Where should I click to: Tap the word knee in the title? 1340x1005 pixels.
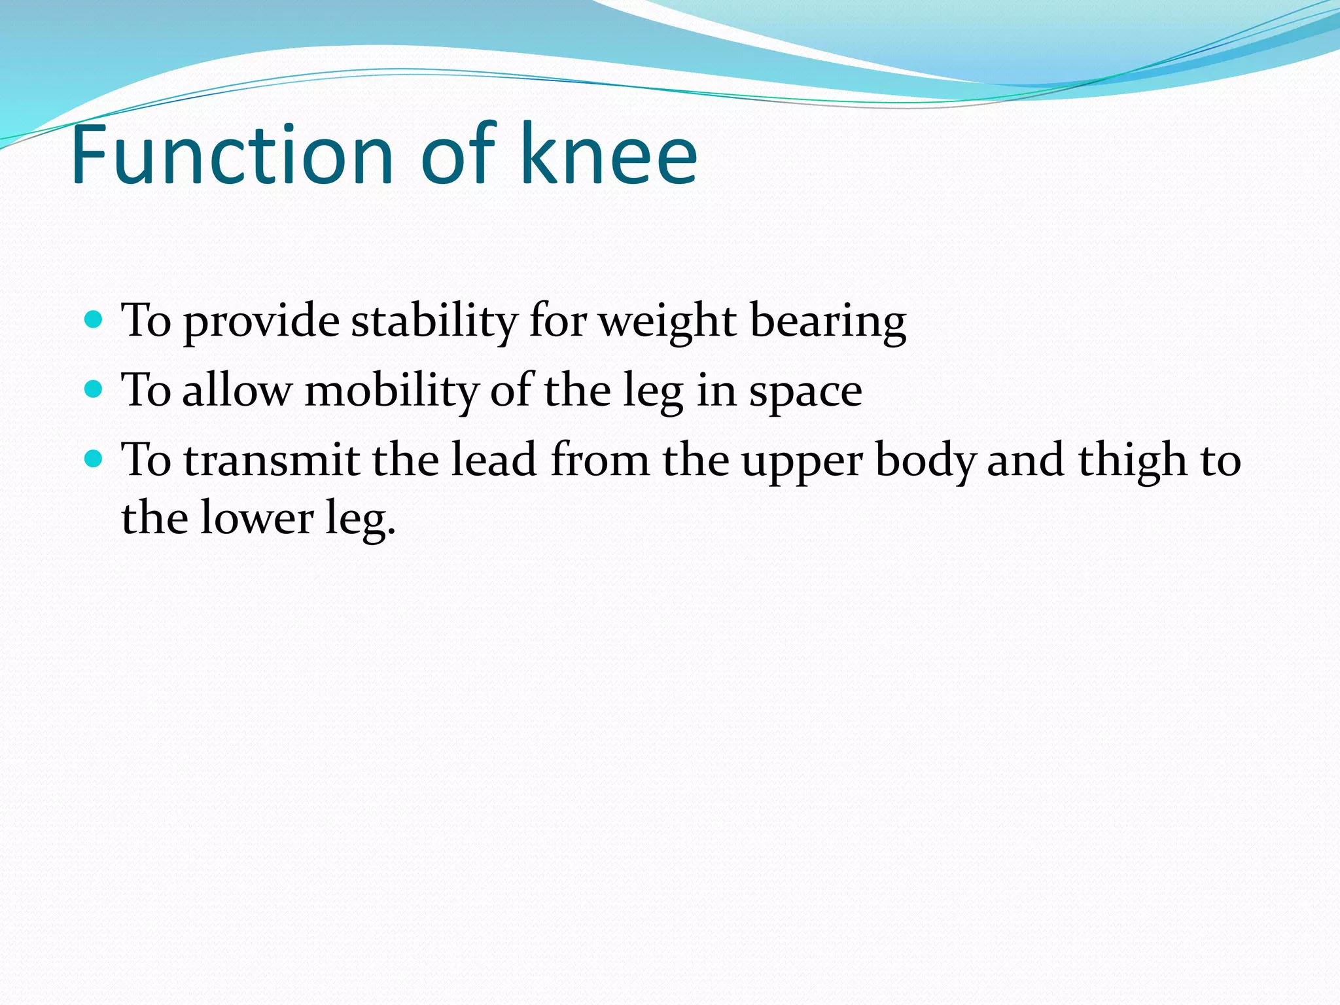608,156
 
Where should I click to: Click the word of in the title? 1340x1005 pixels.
458,156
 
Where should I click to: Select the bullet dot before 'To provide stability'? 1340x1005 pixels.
94,320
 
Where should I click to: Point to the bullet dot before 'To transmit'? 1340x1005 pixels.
94,459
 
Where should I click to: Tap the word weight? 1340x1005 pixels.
667,322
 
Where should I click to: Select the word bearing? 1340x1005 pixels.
828,322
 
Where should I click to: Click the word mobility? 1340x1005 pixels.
391,391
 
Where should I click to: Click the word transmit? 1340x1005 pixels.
271,460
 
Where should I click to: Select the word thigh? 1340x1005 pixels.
1132,460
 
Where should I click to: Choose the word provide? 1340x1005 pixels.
261,322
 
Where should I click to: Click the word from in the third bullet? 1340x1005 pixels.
600,460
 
